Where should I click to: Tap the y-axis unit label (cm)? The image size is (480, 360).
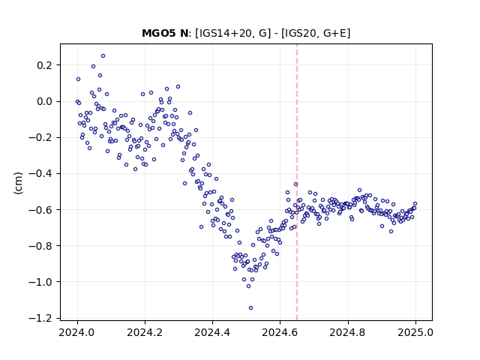18,183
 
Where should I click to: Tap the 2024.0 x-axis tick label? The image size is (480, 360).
77,332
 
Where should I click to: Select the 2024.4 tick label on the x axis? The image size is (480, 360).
212,332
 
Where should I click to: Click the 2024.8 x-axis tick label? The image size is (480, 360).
347,332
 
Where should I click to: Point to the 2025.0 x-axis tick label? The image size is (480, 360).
415,332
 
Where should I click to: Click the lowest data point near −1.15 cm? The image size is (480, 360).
250,308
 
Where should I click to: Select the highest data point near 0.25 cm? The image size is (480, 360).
103,56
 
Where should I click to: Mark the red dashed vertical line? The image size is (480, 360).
297,182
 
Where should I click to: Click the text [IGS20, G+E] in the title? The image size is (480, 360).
316,33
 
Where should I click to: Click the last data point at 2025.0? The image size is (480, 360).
415,203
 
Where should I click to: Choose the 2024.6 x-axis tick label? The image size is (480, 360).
280,332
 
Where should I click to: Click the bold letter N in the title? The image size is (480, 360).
184,33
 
